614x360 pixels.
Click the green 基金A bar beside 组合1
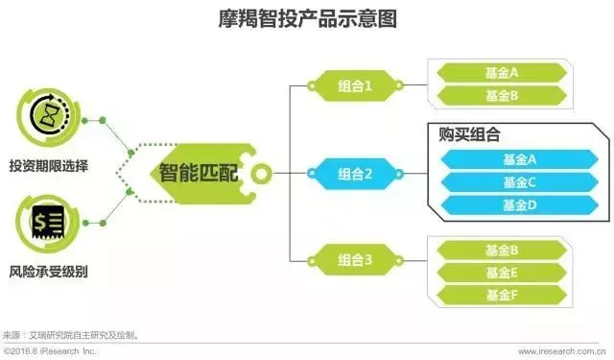[x=503, y=72]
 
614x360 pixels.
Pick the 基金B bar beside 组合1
[x=503, y=95]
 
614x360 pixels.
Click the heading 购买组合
[x=470, y=135]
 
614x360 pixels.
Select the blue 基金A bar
[x=519, y=158]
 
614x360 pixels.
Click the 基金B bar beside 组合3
[x=503, y=250]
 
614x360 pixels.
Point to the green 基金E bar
[x=503, y=272]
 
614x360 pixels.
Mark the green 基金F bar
[x=503, y=294]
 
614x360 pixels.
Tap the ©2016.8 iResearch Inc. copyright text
[x=54, y=351]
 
